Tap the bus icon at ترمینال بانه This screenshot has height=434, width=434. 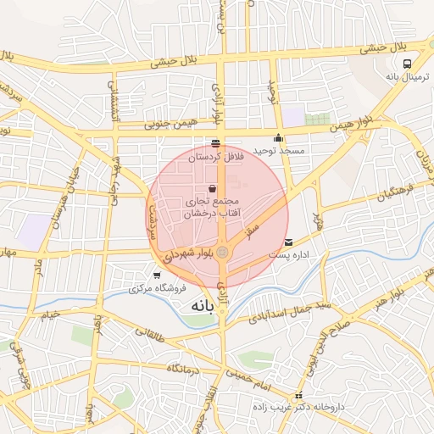pos(409,63)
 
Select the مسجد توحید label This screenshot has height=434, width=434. pos(283,150)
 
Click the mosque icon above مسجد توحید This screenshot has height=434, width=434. pos(278,138)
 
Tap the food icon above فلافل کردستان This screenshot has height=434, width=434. pos(214,143)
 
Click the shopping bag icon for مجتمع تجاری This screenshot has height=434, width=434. pos(211,188)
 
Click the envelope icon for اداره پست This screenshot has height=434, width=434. pos(289,242)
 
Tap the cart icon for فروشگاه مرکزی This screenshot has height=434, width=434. pos(157,275)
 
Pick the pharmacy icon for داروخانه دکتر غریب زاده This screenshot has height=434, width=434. pos(298,396)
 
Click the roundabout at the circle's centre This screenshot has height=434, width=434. pos(222,253)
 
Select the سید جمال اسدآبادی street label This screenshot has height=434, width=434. pos(289,310)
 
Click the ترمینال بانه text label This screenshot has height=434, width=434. pos(408,76)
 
